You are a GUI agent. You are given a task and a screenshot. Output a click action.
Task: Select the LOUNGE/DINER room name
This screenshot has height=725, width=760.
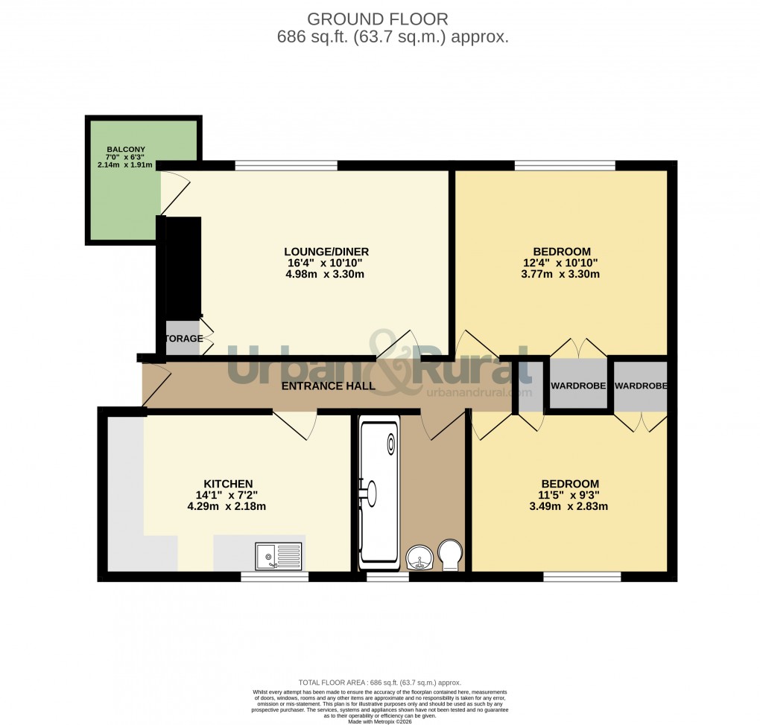326,252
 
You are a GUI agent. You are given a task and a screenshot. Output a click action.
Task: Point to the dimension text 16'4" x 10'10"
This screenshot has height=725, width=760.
326,263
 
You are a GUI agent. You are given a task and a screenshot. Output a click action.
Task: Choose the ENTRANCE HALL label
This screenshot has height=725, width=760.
328,386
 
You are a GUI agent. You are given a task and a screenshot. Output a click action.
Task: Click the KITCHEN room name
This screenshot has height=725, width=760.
228,484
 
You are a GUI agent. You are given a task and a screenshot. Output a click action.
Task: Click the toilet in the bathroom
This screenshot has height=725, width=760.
450,555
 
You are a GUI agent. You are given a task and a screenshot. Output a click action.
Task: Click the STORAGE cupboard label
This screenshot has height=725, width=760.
183,339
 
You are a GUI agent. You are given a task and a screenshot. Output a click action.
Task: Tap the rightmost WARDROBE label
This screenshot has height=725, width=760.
641,386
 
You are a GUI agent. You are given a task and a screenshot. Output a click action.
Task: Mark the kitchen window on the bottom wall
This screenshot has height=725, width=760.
274,576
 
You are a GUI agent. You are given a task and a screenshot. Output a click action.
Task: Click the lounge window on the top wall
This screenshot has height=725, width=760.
286,165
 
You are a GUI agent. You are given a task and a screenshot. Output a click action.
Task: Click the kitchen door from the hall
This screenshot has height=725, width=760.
295,424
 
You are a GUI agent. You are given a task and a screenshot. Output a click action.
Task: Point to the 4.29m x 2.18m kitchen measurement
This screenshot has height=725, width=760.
228,506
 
